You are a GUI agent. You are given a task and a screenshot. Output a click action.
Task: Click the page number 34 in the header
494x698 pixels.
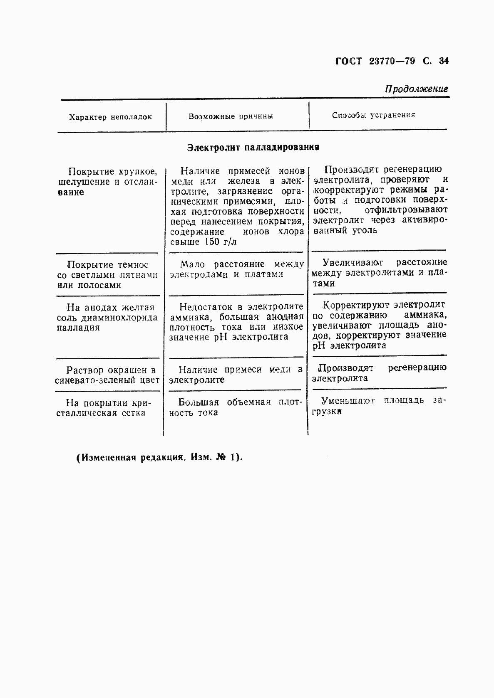coord(444,62)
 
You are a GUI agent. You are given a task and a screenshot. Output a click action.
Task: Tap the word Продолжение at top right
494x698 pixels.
coord(416,89)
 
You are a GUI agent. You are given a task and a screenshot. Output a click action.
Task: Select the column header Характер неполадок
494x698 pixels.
coord(111,117)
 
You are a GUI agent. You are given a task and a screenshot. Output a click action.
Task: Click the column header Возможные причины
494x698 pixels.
coord(231,116)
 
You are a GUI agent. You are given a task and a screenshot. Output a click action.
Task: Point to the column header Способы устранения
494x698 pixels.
coord(373,115)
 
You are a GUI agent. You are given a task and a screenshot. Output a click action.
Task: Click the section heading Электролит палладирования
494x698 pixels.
coord(253,147)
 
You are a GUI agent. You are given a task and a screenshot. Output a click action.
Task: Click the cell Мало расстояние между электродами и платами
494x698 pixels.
coord(236,269)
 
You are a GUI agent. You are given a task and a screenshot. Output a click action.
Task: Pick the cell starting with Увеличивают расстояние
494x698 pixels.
coord(379,273)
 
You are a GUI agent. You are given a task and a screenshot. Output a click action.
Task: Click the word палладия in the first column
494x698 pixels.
coord(78,328)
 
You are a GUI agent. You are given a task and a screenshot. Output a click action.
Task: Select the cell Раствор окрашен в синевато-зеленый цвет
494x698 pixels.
coord(107,375)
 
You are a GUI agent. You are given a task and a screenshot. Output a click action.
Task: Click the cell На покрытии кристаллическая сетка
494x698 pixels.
coord(106,408)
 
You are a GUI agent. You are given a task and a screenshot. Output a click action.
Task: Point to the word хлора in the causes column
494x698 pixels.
coord(291,232)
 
